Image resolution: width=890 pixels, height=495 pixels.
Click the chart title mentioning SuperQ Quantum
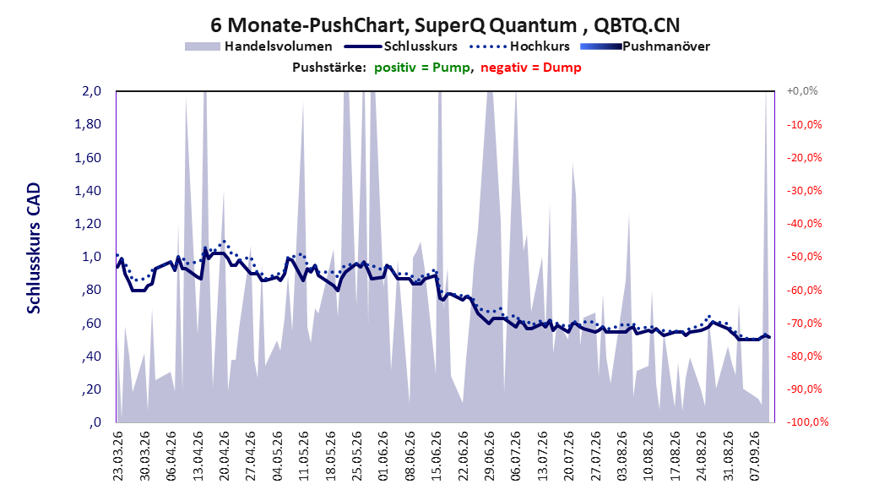445,25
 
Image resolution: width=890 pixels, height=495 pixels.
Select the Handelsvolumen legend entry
259,46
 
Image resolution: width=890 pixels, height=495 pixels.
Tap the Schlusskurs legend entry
401,46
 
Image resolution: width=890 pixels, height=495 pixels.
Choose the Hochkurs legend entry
520,46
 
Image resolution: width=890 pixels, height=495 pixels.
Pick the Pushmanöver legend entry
645,46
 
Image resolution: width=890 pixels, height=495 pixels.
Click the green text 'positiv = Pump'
422,68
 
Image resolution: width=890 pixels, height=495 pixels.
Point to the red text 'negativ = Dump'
531,68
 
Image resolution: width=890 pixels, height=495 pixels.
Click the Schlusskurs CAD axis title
34,247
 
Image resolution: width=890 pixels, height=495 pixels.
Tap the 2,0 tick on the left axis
91,91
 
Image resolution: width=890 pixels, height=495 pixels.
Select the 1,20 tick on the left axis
88,224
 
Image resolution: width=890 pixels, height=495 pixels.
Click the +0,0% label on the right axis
802,91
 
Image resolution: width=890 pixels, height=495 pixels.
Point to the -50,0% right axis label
804,257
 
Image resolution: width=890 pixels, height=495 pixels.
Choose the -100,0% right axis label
807,422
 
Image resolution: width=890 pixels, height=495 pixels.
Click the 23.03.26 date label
118,456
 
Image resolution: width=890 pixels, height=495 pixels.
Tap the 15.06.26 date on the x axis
437,456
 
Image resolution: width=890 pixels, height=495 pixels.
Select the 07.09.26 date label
755,456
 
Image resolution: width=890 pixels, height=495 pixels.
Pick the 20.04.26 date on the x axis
225,456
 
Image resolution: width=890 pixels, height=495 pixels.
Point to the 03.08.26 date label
622,456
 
